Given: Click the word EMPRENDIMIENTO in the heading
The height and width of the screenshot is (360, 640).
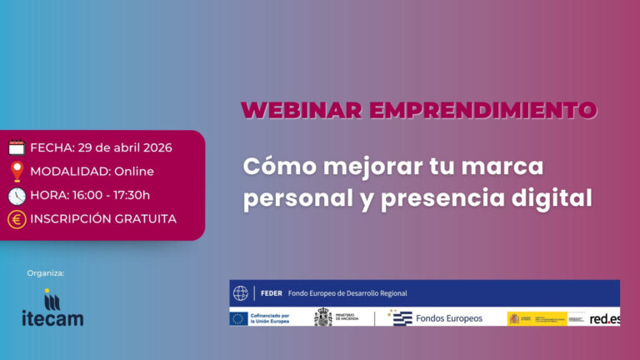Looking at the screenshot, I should (484, 110).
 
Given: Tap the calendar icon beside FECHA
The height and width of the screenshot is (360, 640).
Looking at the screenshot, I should (17, 147).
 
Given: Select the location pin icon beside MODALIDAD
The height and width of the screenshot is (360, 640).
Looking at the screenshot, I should (17, 172).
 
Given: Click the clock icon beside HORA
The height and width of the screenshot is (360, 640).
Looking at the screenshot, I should (17, 196).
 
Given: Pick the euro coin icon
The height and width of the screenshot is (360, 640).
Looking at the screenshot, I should (17, 219).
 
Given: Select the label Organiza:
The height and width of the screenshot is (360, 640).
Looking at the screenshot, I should (46, 272).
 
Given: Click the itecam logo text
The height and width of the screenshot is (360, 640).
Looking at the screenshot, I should (52, 317).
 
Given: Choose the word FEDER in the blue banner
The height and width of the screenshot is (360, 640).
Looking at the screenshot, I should (271, 293).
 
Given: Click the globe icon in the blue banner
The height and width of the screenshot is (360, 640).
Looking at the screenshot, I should (241, 293).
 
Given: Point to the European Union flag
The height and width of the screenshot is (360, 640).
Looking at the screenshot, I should (239, 318).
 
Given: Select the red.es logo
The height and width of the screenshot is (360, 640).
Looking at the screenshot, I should (604, 318).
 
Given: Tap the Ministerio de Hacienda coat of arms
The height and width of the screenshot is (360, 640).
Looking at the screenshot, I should (322, 317).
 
